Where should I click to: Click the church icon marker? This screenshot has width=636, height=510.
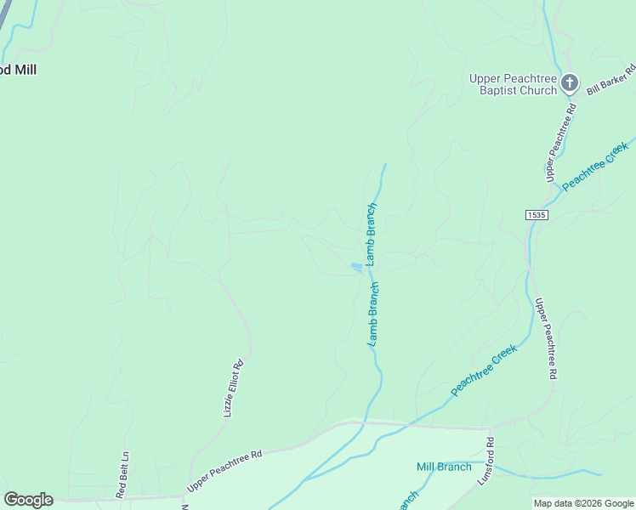click(x=569, y=83)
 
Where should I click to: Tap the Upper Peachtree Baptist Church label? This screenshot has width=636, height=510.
click(x=513, y=84)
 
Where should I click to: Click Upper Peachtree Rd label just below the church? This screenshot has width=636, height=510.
click(x=560, y=142)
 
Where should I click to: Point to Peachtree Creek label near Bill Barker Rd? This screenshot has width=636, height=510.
click(x=594, y=166)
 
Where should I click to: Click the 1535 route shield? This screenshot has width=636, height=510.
click(x=536, y=215)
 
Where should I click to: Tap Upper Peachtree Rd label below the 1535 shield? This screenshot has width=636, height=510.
click(x=546, y=337)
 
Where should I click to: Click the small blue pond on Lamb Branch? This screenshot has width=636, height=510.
click(x=356, y=268)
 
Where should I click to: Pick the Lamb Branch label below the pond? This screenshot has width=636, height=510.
click(x=372, y=313)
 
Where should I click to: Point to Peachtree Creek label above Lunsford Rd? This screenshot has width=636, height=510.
click(x=484, y=370)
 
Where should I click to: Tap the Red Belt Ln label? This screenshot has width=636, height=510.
click(x=123, y=474)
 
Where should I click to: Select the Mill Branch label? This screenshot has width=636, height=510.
click(x=444, y=467)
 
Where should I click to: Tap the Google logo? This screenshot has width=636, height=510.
click(x=28, y=500)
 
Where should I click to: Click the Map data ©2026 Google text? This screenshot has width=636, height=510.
click(x=583, y=503)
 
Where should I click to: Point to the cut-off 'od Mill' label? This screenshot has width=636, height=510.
click(x=18, y=70)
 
